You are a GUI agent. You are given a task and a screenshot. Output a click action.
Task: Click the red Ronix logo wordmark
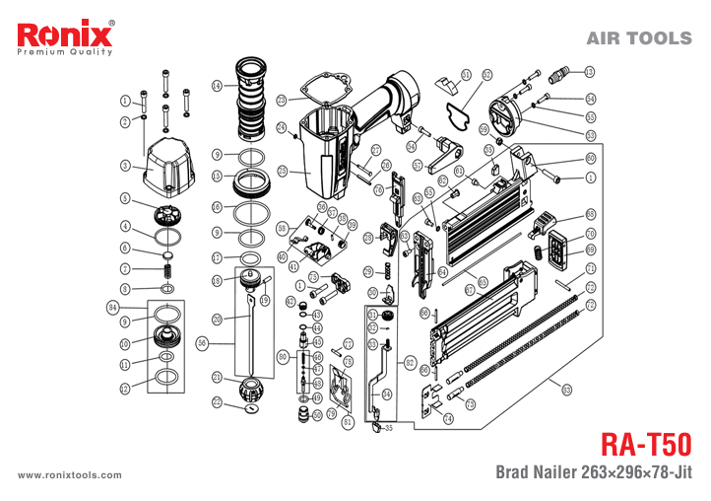tap(65, 36)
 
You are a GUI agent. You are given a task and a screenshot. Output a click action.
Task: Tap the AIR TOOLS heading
tap(638, 38)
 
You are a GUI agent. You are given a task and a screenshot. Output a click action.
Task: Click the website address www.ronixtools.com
tap(70, 474)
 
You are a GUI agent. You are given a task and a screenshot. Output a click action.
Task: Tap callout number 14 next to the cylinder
tap(217, 86)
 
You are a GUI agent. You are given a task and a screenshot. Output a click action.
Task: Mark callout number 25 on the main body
tap(283, 171)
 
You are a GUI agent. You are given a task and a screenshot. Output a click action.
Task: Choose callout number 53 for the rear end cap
tap(590, 135)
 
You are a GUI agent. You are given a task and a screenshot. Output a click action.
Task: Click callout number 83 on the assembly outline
tap(566, 390)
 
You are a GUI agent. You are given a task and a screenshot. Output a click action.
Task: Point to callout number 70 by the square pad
tap(591, 234)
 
